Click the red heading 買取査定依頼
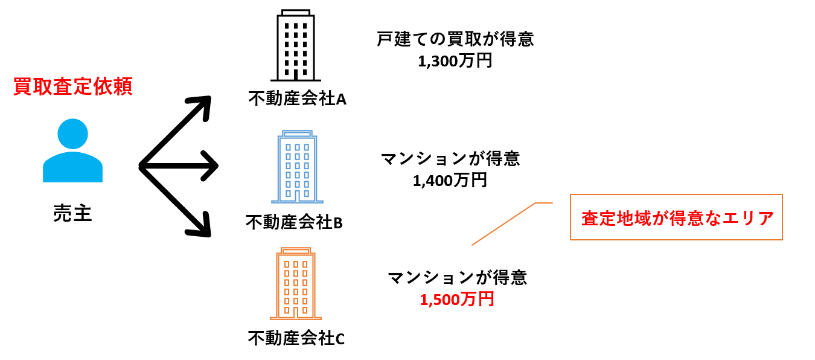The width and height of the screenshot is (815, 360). [72, 86]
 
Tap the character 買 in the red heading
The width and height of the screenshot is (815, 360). [22, 86]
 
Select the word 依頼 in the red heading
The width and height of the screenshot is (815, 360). [112, 86]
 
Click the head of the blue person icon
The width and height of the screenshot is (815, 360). [72, 133]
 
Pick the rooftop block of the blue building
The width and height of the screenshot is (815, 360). [297, 133]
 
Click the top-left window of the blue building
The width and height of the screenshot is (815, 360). [288, 147]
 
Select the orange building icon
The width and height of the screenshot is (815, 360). [296, 284]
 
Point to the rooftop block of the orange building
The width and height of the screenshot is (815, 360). [296, 250]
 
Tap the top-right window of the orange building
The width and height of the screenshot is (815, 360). [305, 265]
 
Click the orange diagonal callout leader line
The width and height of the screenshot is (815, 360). [503, 224]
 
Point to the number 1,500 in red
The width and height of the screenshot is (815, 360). [439, 300]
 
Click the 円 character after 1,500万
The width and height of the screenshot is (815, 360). [487, 299]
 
